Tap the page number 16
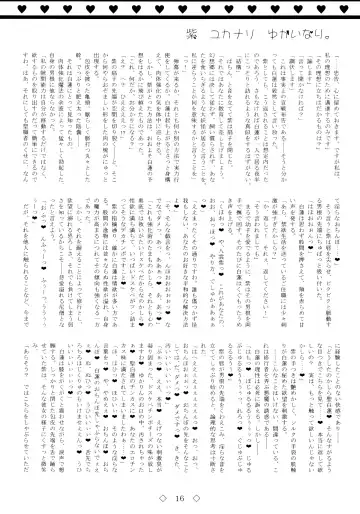(181, 496)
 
